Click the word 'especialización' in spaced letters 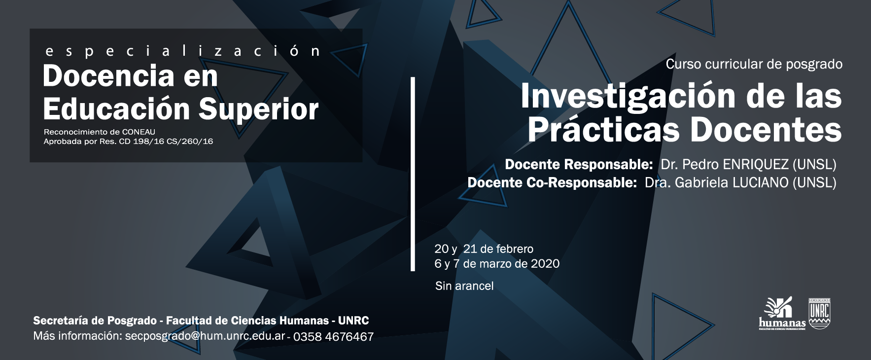tap(183, 51)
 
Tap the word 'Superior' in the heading tap(259, 109)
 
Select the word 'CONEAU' tap(139, 132)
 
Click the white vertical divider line tap(413, 174)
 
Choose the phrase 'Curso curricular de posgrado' tap(754, 64)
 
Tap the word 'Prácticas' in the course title tap(604, 130)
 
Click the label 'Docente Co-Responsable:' tap(552, 182)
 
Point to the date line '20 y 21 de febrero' tap(484, 249)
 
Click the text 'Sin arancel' tap(464, 286)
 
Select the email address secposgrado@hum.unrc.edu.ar tap(205, 336)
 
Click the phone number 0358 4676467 tap(334, 337)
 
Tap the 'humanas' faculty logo tap(782, 314)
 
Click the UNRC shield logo tap(820, 313)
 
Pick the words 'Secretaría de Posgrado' tap(95, 321)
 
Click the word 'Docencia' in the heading tap(108, 76)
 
